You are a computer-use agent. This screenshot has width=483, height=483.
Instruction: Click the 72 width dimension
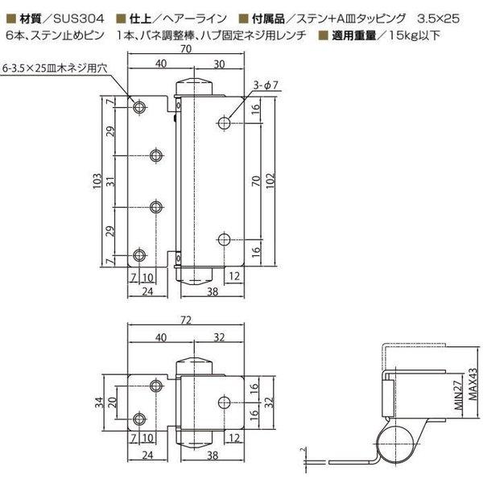pyautogui.click(x=187, y=320)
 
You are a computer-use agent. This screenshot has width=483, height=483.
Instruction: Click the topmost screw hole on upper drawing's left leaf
pyautogui.click(x=141, y=106)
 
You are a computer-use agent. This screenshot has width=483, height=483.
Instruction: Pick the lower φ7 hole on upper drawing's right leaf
pyautogui.click(x=225, y=240)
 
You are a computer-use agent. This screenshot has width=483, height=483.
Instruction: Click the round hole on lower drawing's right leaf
pyautogui.click(x=225, y=402)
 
